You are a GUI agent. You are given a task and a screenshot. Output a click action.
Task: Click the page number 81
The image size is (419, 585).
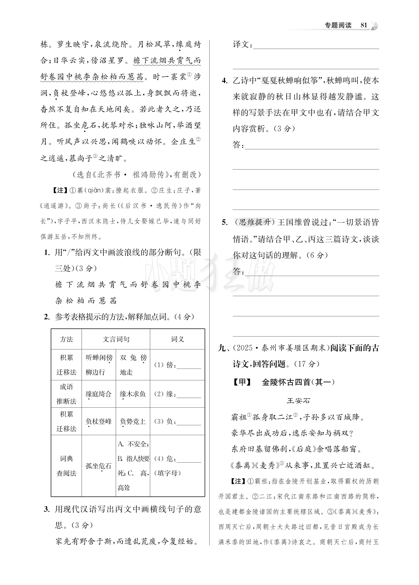point(364,25)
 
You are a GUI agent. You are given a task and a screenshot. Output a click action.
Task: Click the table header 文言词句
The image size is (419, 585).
point(116,339)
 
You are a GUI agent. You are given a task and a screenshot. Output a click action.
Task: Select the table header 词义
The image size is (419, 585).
point(177,339)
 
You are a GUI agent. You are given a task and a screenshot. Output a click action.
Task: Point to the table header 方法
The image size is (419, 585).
point(67,339)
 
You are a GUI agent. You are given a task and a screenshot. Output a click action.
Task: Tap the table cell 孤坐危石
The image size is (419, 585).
point(99,466)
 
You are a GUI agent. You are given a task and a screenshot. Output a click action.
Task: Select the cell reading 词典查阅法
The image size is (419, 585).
point(67,466)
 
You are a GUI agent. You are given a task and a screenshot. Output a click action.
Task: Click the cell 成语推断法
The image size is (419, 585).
point(67,394)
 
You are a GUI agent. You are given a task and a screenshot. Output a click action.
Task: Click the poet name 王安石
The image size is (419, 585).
point(298,401)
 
